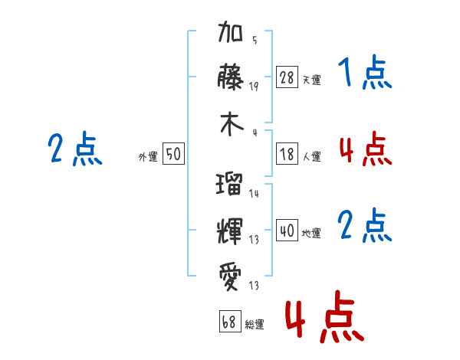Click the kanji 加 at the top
231,34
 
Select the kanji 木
231,125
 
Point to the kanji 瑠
231,185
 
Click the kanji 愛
231,273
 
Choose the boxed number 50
173,155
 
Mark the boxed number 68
228,322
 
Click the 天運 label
311,80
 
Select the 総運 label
254,324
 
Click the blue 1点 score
365,74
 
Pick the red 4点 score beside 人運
365,149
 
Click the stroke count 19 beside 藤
254,86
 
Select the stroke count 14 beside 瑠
254,194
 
